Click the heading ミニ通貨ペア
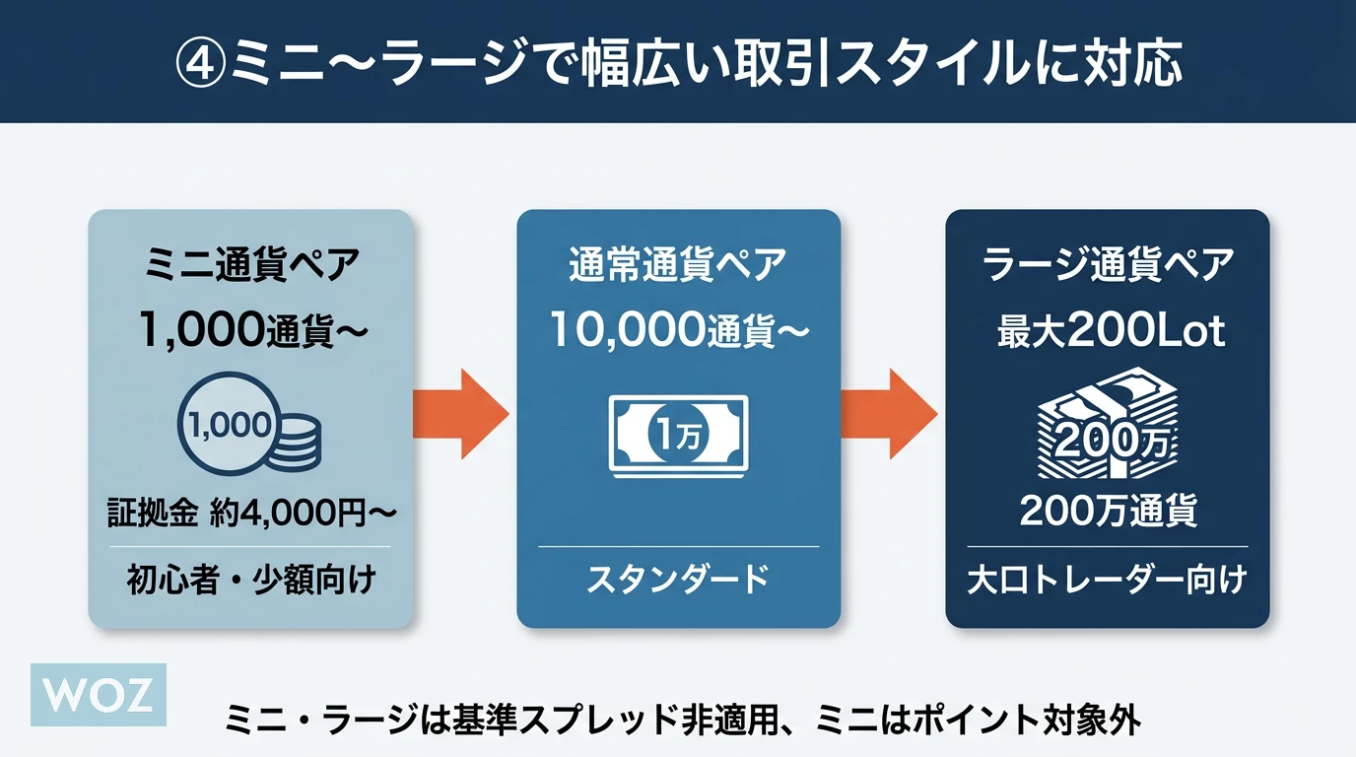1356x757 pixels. (x=251, y=266)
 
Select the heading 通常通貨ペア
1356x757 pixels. (x=678, y=266)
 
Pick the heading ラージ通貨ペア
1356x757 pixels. (x=1108, y=266)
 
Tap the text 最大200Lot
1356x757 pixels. (x=1109, y=332)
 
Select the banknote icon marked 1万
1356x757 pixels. (x=678, y=434)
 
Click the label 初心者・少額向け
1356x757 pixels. (x=251, y=580)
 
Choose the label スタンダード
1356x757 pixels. (x=678, y=580)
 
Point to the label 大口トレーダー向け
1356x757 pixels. (x=1108, y=580)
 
